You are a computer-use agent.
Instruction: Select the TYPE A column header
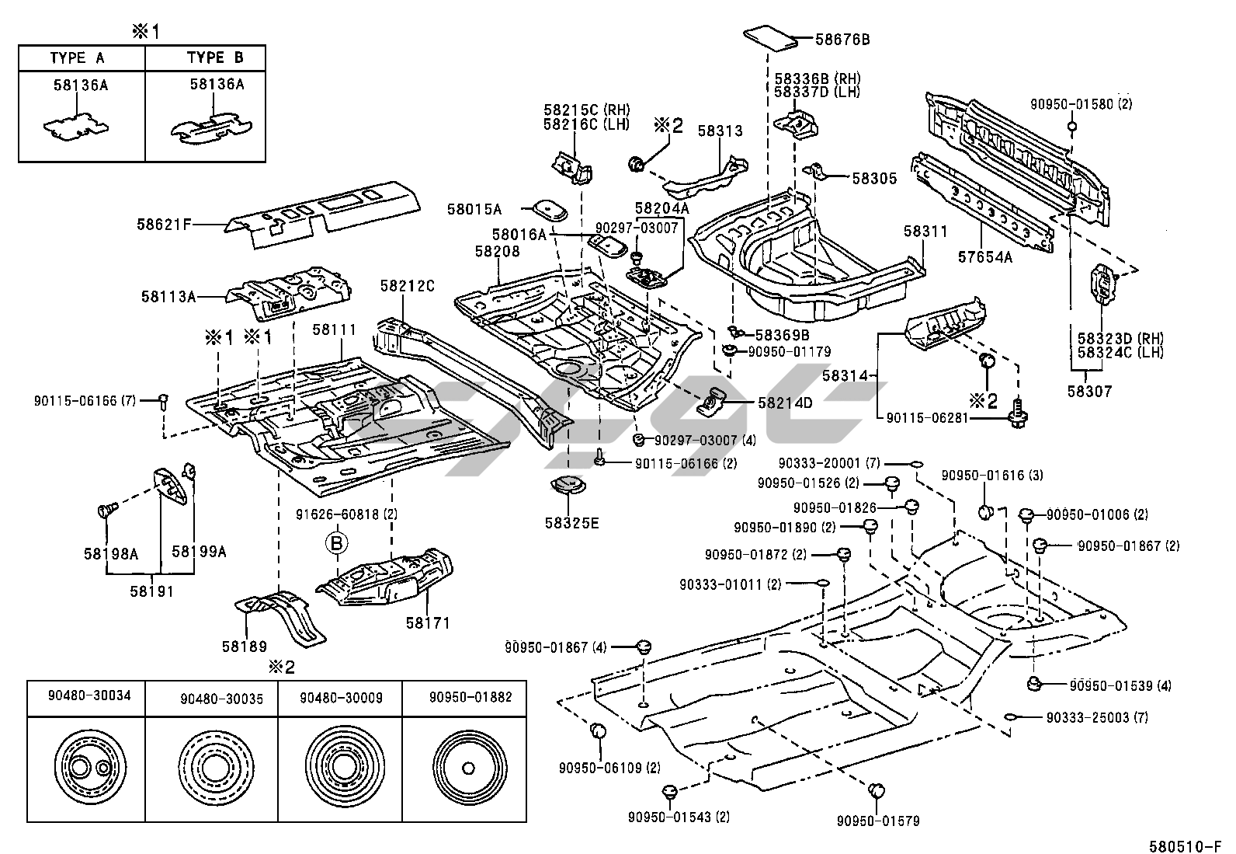coord(78,58)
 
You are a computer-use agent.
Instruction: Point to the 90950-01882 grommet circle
coord(467,769)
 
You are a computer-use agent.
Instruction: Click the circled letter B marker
coord(337,543)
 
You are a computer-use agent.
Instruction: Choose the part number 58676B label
coord(842,38)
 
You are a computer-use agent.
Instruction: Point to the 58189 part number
coord(244,646)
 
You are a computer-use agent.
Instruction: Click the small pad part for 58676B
coord(772,37)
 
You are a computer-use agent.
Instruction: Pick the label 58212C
coord(408,287)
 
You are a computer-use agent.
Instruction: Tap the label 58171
coord(428,622)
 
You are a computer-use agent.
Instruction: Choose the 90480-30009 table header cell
coord(341,698)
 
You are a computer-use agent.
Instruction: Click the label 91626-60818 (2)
coord(358,514)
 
